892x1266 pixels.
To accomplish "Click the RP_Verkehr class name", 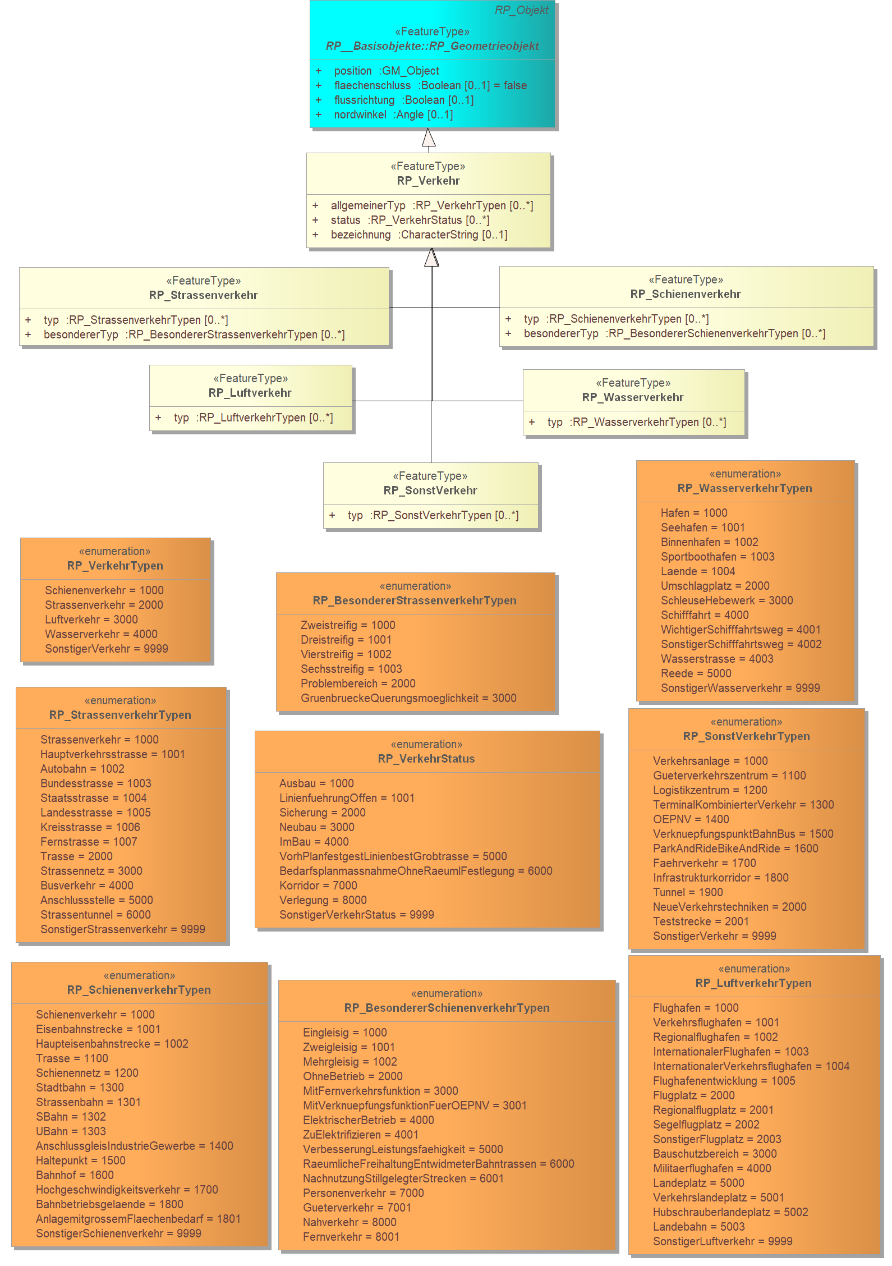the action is point(428,181).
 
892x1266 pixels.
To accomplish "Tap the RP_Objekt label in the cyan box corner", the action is point(521,10).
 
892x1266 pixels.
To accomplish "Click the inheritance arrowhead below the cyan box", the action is point(429,137).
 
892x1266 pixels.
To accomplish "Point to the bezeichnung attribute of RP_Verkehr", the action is point(419,235).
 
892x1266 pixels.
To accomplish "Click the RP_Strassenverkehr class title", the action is point(203,295).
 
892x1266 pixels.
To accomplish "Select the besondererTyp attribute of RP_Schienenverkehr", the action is point(674,333).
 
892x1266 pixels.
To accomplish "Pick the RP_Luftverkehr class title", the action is point(250,393).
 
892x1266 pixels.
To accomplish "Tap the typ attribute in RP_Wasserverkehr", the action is point(637,422).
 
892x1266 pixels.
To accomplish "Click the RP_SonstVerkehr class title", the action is point(430,490).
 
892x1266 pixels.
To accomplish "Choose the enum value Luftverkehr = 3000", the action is point(91,620).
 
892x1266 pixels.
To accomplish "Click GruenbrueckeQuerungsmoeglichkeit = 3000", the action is point(408,698).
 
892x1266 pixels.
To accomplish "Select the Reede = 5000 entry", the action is point(696,673).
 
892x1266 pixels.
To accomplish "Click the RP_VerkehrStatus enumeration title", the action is point(426,759).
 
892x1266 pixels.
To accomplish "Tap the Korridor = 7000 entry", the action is point(318,886).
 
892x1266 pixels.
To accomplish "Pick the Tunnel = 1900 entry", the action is point(688,892).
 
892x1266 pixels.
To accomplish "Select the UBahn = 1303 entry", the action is point(71,1131).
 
